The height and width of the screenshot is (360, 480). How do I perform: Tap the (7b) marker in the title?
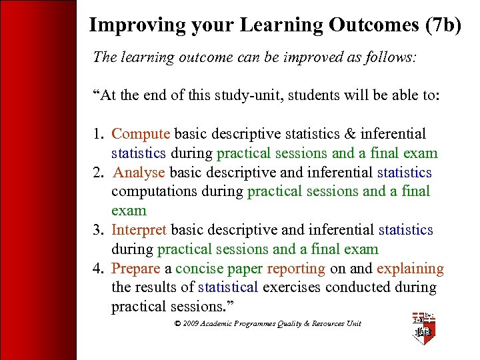click(441, 25)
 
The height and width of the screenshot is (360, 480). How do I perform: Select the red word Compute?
click(141, 134)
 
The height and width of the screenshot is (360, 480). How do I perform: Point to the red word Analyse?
click(139, 172)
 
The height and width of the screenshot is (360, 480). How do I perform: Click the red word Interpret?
click(139, 230)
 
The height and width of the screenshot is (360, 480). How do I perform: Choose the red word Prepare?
click(136, 269)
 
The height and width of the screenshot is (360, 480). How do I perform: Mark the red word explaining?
click(410, 269)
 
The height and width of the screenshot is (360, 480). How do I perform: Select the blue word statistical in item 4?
click(228, 287)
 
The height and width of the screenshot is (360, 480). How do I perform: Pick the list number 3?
click(99, 230)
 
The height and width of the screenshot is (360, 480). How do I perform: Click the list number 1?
click(99, 134)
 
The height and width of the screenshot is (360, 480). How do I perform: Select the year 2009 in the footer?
click(191, 323)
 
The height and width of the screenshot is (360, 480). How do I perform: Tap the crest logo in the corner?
click(423, 327)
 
